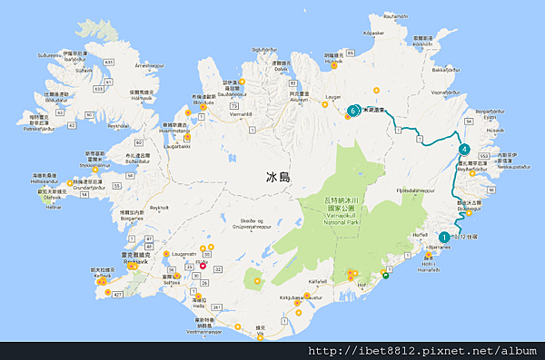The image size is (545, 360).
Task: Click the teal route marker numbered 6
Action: [352, 112]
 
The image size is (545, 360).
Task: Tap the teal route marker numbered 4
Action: [464, 149]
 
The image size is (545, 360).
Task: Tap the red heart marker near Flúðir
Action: [203, 266]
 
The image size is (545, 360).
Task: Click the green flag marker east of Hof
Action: [385, 277]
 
